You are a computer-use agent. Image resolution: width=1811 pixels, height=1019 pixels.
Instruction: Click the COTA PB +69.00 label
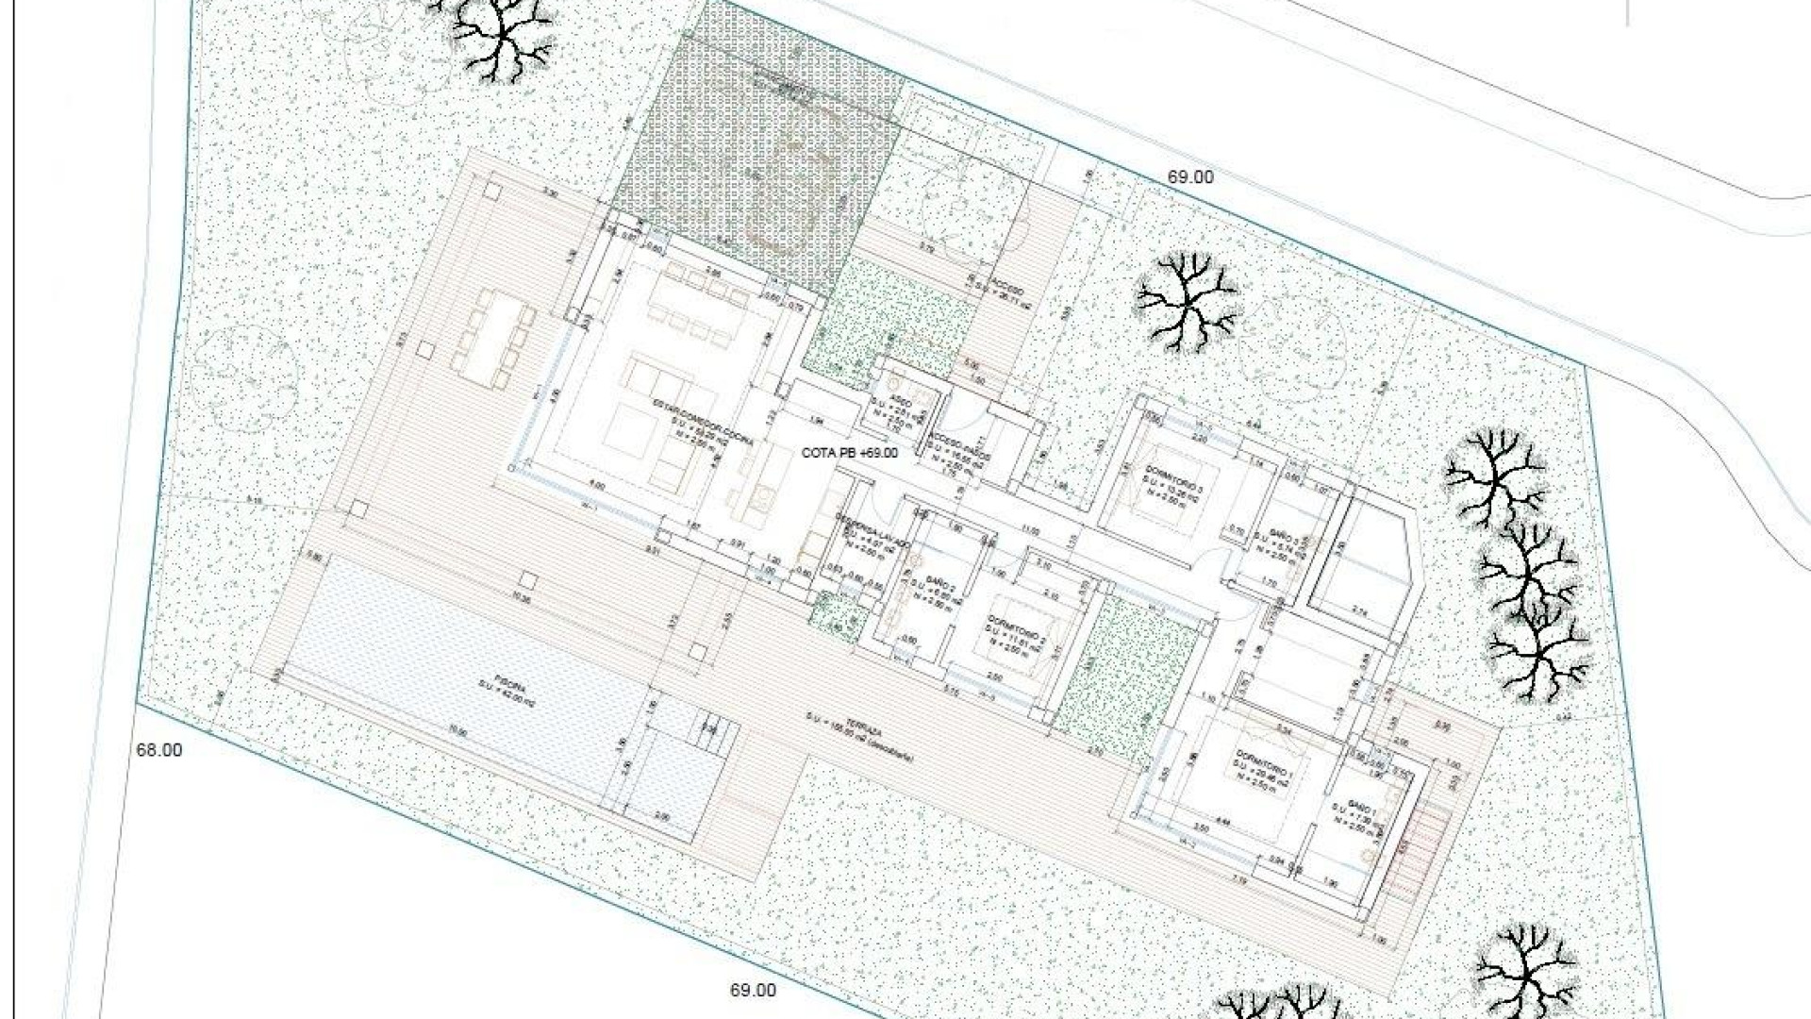click(x=849, y=453)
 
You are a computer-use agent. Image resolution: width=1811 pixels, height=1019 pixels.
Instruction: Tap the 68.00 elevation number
click(x=159, y=751)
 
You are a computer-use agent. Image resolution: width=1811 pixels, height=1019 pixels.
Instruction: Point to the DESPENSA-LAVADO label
click(x=872, y=533)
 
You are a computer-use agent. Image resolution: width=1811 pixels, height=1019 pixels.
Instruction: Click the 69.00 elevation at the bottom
click(x=753, y=991)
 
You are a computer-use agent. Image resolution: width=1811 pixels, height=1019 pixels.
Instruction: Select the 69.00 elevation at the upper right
click(x=1190, y=176)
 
